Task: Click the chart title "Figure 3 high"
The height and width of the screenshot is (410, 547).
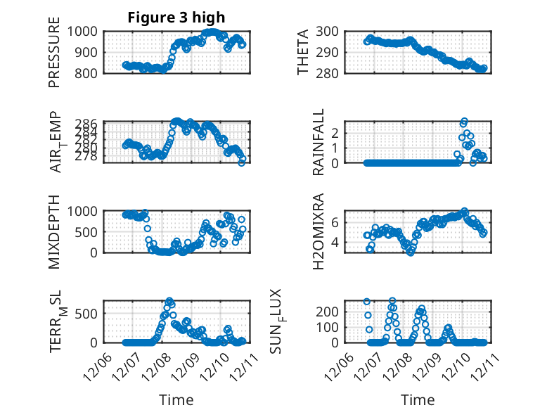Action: point(176,18)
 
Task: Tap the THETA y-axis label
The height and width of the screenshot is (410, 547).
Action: point(303,52)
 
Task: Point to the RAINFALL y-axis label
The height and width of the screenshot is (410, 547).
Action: point(318,142)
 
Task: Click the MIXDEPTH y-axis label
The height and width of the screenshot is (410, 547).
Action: point(55,231)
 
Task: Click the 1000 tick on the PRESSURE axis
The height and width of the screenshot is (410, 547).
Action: point(87,31)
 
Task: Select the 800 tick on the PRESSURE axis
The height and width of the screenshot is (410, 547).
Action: point(91,72)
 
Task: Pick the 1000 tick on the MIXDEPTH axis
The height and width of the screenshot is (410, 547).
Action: point(87,210)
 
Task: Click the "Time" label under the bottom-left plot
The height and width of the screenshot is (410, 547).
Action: point(176,400)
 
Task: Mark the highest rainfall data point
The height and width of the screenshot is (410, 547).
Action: point(464,122)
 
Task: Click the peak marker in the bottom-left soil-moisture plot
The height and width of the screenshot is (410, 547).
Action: point(169,300)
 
